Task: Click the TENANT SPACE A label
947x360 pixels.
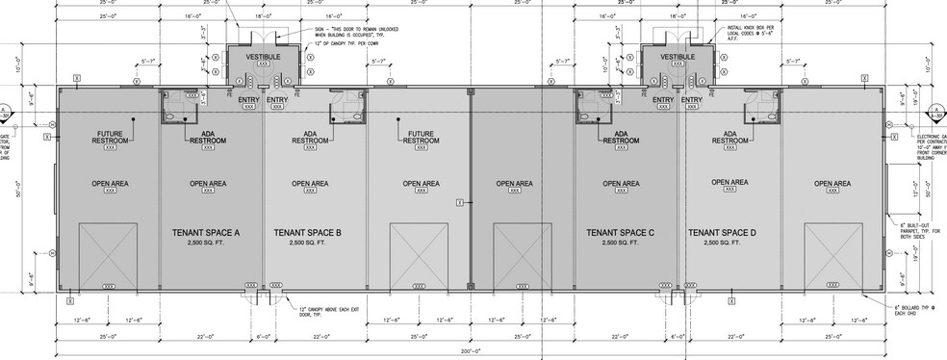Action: coord(205,233)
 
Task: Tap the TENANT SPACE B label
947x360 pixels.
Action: coord(308,233)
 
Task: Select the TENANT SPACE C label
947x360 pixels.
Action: coord(621,233)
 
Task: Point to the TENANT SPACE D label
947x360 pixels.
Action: coord(722,233)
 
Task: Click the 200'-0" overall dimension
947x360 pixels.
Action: coord(472,354)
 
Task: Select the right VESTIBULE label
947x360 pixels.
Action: coord(678,58)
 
